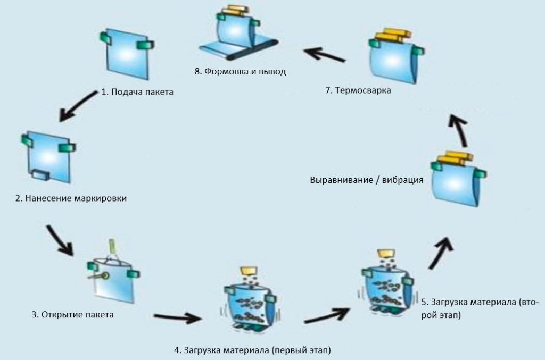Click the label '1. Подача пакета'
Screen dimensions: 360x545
coord(137,91)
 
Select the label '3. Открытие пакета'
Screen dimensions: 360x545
coord(72,315)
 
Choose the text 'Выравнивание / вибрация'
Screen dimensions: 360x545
coord(367,180)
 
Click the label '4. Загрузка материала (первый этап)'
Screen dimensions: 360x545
coord(252,350)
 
